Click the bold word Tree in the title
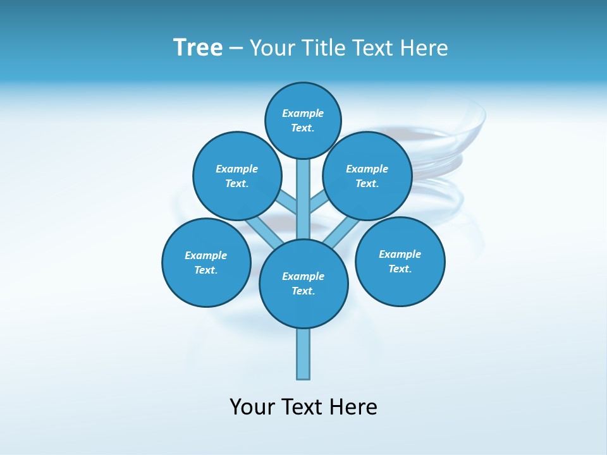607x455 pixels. (198, 48)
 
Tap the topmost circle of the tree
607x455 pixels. (303, 120)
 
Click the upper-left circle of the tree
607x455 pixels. (237, 176)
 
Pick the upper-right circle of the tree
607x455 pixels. (367, 176)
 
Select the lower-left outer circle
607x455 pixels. (206, 262)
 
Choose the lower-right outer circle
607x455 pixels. (400, 261)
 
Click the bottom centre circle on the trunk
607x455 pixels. (303, 283)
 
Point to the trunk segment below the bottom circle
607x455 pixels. (303, 354)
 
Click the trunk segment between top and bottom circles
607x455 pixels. (303, 199)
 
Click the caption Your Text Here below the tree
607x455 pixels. (303, 406)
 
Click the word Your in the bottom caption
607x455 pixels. (252, 406)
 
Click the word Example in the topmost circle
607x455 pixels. (303, 113)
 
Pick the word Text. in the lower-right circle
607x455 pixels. (400, 269)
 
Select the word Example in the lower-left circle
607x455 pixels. (205, 255)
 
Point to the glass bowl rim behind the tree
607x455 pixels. (477, 126)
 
